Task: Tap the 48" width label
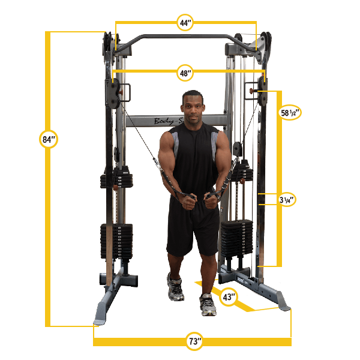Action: click(x=185, y=74)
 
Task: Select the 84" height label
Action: click(x=49, y=140)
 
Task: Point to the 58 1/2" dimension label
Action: click(x=290, y=112)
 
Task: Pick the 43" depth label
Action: click(x=229, y=297)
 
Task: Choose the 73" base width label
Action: click(x=194, y=342)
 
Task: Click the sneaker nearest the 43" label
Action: click(x=208, y=306)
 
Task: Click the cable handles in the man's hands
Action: click(x=202, y=199)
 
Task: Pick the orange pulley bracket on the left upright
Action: click(x=124, y=91)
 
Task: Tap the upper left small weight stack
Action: click(x=113, y=178)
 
